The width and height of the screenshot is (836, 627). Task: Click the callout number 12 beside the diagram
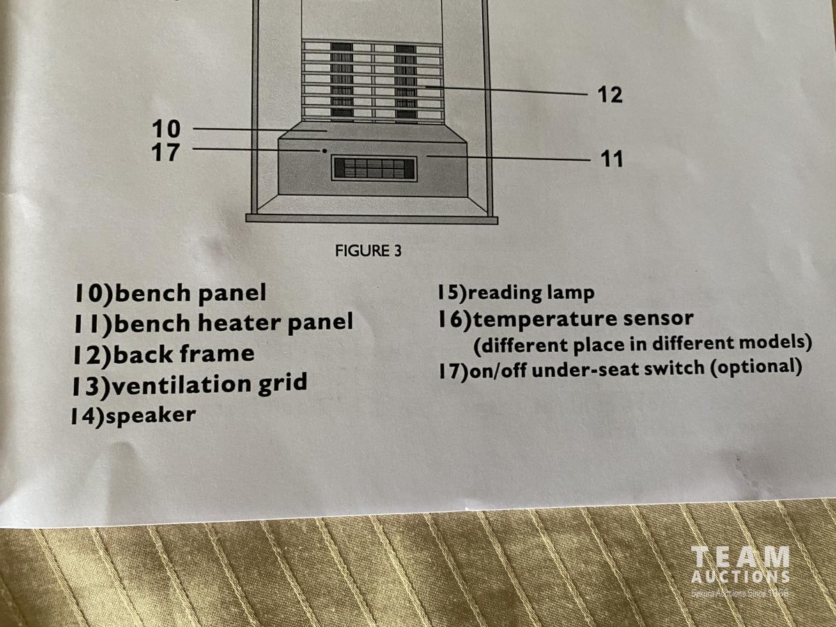coord(610,95)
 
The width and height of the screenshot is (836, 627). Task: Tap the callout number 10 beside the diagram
coord(166,129)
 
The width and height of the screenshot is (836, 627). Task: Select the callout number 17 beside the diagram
coord(166,153)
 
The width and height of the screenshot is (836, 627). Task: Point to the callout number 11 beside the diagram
coord(612,159)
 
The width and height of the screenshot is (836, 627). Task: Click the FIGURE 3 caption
coord(369,251)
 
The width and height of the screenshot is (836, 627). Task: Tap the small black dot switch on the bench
coord(324,151)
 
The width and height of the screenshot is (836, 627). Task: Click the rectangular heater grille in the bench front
coord(374,169)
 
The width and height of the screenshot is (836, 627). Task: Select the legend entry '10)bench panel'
coord(170,293)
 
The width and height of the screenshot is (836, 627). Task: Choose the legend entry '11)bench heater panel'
coord(213,323)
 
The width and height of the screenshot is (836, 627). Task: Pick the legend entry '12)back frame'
coord(164,355)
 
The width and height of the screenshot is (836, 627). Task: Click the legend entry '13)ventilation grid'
coord(189,385)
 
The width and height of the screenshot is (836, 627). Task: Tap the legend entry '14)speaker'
coord(133,416)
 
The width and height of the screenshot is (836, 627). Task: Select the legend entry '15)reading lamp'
coord(516,293)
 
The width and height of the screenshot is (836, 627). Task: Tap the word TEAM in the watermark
coord(740,559)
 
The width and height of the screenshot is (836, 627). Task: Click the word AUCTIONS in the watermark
coord(741,577)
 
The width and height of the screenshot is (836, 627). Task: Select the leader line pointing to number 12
coord(506,91)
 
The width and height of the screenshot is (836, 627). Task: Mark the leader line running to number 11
coord(509,158)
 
